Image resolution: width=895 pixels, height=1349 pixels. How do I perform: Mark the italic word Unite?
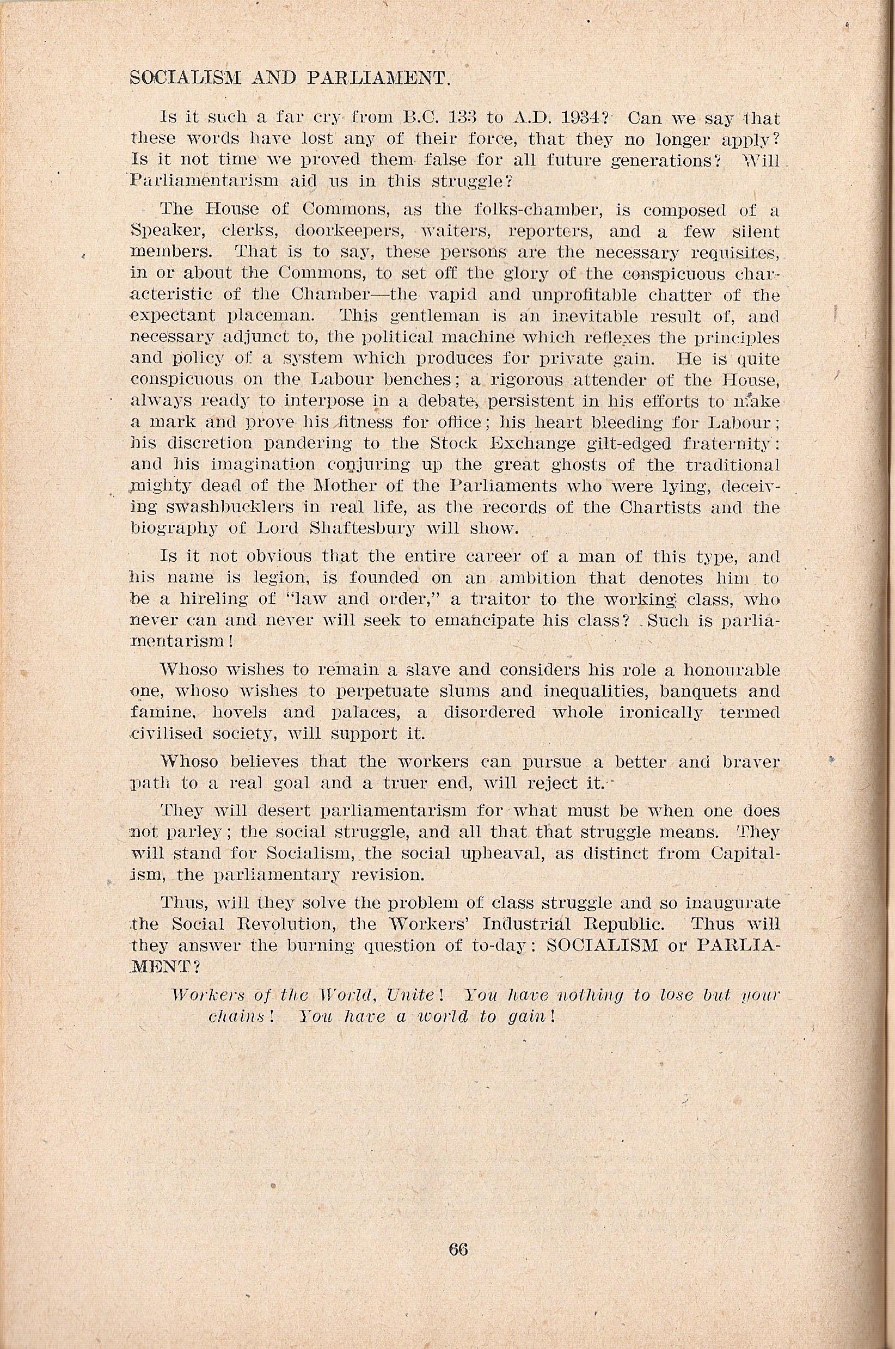click(411, 994)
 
